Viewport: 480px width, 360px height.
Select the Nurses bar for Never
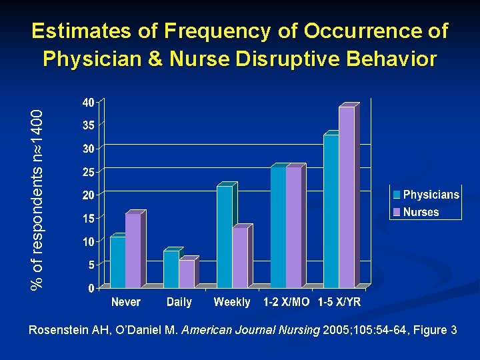133,251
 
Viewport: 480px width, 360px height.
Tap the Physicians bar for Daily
171,269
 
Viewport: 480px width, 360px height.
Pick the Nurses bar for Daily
186,274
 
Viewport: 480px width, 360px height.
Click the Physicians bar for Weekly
225,237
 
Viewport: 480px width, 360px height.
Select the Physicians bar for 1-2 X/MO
278,227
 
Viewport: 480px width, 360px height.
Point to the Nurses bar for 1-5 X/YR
346,197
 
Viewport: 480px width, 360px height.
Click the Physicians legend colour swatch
397,195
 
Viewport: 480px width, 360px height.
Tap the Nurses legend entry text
421,212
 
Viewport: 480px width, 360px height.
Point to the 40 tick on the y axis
88,102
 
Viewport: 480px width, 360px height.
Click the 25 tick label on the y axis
88,172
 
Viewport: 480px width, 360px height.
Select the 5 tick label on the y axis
91,265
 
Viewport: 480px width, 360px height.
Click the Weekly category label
231,302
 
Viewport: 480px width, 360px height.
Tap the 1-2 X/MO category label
286,302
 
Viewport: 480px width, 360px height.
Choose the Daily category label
179,302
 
